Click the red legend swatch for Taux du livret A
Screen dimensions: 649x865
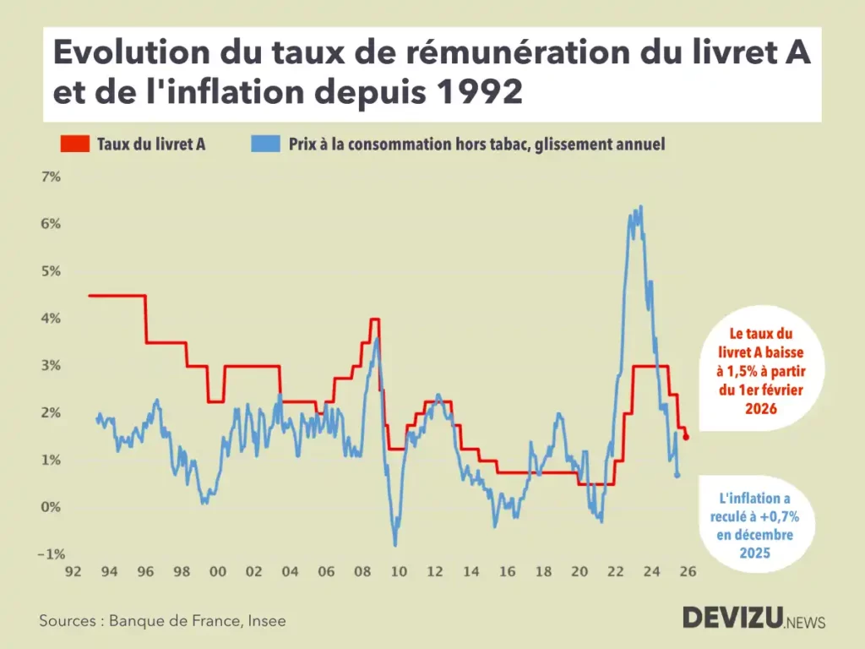74,145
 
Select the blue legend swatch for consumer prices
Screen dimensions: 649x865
264,145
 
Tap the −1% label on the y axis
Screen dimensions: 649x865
50,554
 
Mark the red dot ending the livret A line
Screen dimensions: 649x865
686,437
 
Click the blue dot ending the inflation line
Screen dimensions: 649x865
677,475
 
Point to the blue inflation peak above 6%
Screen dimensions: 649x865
641,206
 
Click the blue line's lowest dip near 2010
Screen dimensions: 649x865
394,545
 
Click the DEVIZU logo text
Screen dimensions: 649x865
732,618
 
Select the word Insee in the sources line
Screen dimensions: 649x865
266,621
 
